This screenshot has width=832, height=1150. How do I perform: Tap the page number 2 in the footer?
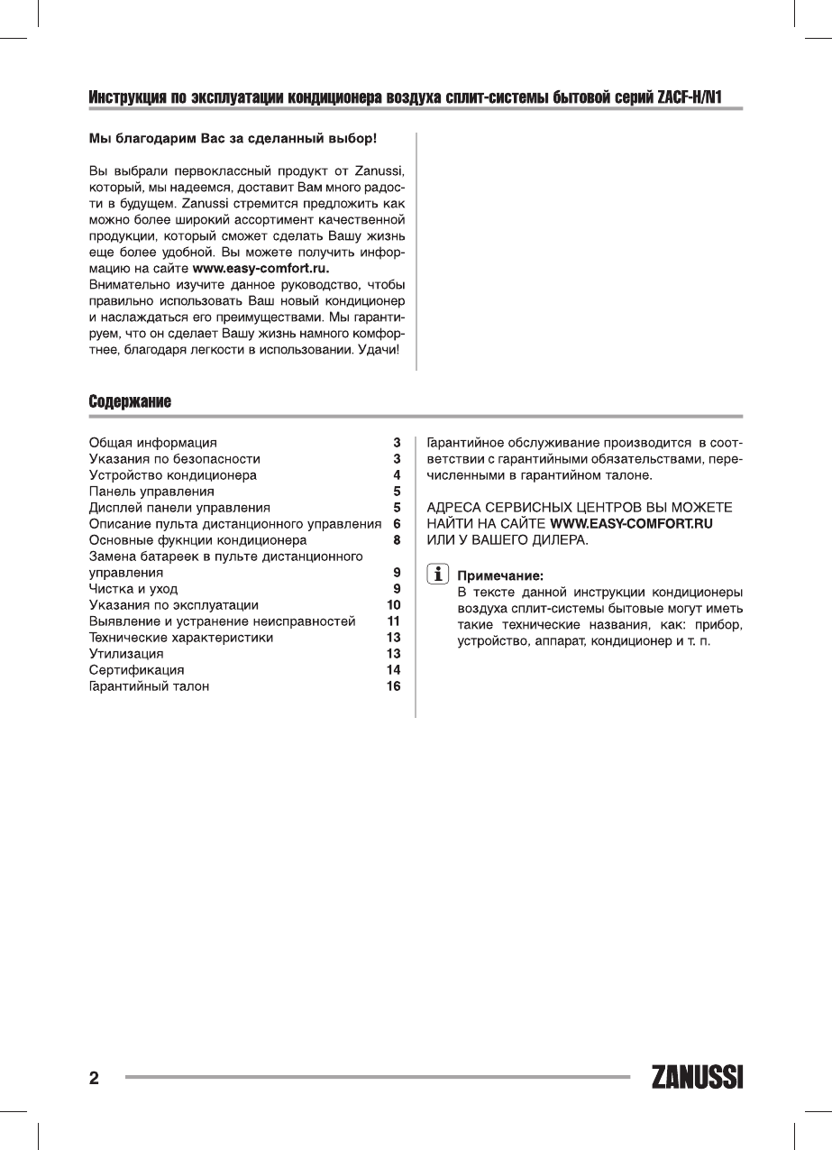[x=94, y=1079]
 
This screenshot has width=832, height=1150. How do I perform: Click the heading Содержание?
[x=130, y=400]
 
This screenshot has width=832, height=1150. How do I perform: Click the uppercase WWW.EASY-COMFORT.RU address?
[x=632, y=523]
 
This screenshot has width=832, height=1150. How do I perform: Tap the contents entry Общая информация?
[x=152, y=443]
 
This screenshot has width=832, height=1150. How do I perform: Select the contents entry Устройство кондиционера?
[x=172, y=475]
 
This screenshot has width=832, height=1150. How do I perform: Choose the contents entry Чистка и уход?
[x=133, y=589]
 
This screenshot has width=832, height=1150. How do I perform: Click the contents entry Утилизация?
[x=126, y=654]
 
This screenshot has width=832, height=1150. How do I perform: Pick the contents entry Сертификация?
[x=136, y=670]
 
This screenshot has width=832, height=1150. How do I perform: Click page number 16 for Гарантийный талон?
[x=393, y=686]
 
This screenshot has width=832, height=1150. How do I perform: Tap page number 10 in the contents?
[x=393, y=605]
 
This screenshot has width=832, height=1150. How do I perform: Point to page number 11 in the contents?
[x=393, y=621]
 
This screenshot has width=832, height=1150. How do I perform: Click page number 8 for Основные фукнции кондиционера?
[x=397, y=540]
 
